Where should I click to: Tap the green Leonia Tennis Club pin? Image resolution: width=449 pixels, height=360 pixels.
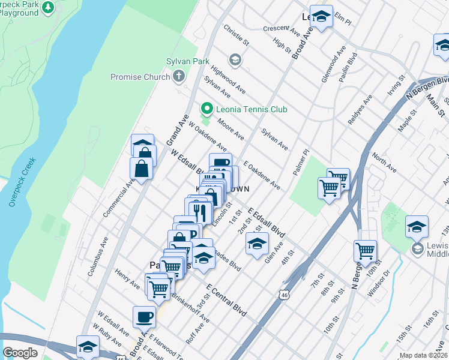207,109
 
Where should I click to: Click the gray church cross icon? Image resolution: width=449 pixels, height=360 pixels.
178,76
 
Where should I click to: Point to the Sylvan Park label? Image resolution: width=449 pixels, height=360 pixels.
188,61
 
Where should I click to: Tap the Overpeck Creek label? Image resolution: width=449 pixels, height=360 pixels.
23,182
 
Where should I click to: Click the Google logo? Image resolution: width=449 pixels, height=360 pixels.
20,353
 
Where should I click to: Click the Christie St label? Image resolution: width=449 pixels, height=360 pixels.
236,35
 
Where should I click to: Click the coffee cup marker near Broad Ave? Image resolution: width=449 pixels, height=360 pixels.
144,316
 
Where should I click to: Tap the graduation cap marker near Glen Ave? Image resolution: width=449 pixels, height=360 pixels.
256,244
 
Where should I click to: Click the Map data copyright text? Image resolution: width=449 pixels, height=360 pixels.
423,355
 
